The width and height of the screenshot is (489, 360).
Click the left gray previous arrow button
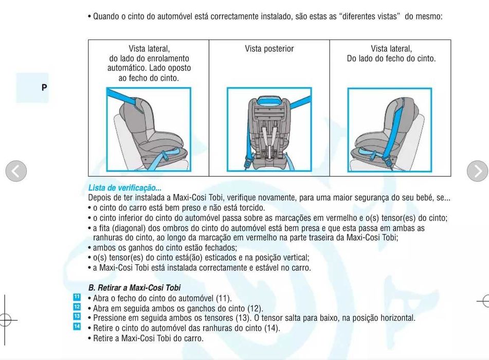click(16, 171)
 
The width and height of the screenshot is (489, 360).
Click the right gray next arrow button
click(477, 171)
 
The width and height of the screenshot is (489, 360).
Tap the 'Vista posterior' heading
click(269, 49)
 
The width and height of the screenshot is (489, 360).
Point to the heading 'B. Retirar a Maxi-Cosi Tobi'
click(134, 288)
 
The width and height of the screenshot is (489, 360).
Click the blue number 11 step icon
click(77, 297)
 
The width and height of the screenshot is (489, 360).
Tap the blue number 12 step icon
click(77, 307)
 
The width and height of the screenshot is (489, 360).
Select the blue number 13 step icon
click(77, 317)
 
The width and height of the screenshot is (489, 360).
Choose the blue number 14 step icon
click(77, 327)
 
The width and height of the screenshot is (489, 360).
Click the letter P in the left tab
click(44, 87)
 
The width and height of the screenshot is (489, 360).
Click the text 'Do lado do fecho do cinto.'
click(391, 59)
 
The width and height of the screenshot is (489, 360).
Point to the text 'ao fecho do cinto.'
click(149, 78)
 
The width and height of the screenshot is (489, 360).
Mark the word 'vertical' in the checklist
click(294, 258)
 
